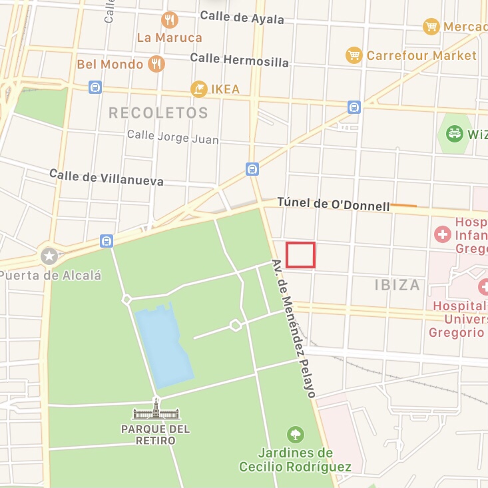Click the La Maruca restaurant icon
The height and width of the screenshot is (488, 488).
click(170, 19)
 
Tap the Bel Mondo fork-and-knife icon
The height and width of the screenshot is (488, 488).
click(156, 64)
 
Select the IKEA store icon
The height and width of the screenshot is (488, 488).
click(198, 89)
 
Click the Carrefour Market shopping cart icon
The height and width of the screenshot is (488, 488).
click(354, 55)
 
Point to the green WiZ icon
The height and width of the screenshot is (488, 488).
click(455, 134)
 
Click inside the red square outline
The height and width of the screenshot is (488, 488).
click(300, 255)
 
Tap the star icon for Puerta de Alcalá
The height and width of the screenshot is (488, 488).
click(49, 256)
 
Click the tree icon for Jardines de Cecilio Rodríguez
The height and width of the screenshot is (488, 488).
click(295, 435)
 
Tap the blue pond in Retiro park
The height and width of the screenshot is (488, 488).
click(162, 343)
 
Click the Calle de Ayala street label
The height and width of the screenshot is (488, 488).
click(242, 17)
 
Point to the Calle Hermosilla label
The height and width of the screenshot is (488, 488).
click(239, 60)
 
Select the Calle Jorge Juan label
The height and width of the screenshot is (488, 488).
click(172, 137)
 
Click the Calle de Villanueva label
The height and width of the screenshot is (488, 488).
click(106, 177)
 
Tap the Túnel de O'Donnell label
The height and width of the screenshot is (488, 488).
click(333, 204)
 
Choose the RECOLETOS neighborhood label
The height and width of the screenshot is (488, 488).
click(158, 113)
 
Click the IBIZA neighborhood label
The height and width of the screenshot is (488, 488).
click(397, 285)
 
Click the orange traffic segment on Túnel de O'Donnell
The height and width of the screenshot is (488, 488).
click(403, 206)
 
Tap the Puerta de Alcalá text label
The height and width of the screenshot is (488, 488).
click(51, 274)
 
